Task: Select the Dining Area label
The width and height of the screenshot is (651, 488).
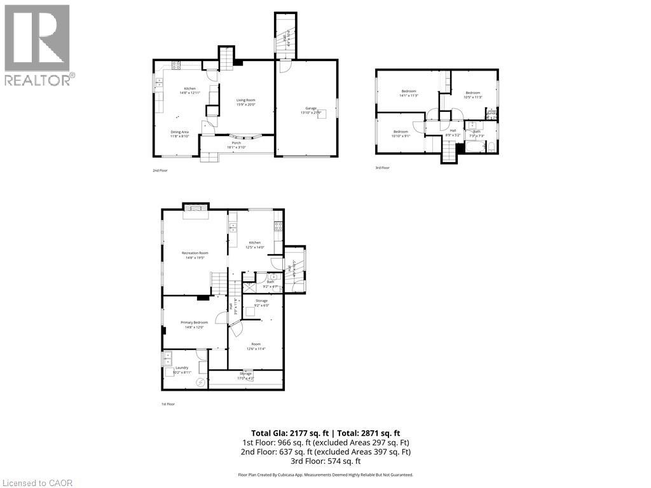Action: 179,133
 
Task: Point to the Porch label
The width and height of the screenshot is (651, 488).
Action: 236,146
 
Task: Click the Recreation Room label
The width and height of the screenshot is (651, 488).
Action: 195,255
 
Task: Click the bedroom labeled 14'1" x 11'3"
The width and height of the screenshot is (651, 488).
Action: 408,93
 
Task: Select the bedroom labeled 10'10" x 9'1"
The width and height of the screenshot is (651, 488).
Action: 400,133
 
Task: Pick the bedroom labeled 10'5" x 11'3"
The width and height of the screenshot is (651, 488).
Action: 474,95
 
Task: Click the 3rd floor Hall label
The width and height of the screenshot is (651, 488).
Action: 453,132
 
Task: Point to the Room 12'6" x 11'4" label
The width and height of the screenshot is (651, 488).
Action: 256,346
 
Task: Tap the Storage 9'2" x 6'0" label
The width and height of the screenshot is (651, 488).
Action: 261,303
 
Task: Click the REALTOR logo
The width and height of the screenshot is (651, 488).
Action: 39,45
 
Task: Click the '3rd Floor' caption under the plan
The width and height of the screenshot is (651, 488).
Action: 382,168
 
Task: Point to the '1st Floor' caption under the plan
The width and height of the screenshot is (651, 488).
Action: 168,404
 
